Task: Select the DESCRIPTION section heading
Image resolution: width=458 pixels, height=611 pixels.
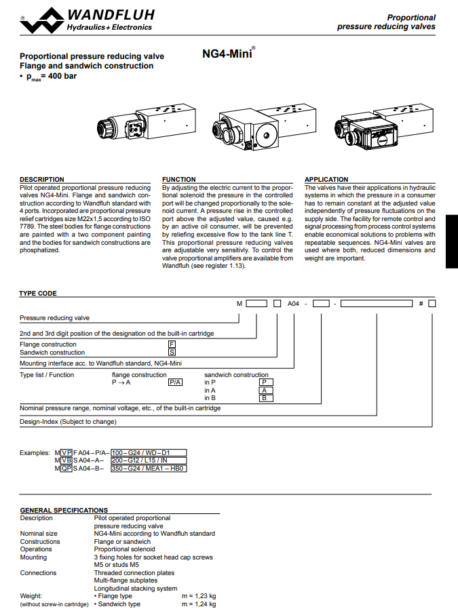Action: pos(42,180)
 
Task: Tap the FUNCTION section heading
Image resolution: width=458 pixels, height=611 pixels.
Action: pos(179,180)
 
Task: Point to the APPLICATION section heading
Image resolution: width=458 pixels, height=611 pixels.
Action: pos(326,180)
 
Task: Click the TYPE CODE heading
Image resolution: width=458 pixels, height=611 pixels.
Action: pos(38,294)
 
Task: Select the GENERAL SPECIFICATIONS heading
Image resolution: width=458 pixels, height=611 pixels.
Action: pos(64,510)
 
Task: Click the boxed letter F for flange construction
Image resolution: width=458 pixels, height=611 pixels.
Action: pos(172,344)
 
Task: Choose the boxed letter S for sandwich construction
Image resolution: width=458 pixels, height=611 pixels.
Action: pos(172,353)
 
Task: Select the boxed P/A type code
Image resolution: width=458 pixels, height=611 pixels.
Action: pos(175,382)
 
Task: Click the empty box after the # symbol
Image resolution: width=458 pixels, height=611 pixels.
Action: pos(432,304)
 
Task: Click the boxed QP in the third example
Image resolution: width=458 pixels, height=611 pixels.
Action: pos(66,468)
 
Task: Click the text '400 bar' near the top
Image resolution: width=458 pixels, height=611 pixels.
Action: pos(62,77)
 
